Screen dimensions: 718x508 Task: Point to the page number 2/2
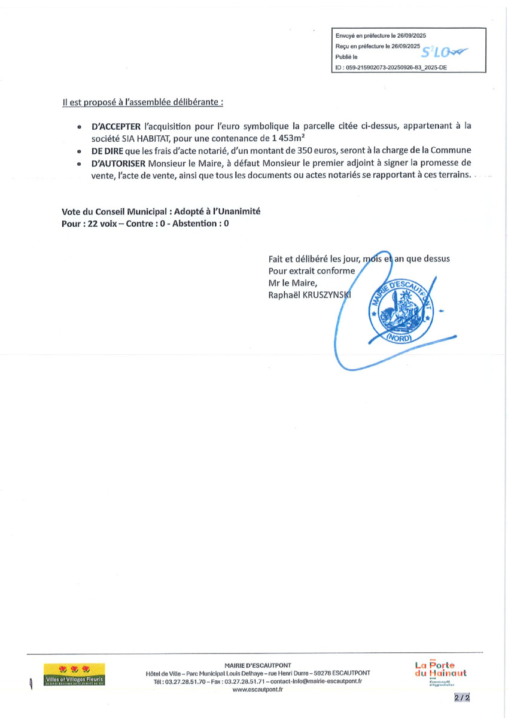click(x=461, y=698)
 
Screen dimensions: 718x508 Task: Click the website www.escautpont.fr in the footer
click(x=257, y=689)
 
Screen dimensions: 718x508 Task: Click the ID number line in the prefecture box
click(x=391, y=68)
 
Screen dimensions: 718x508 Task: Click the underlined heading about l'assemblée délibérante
click(x=142, y=102)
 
